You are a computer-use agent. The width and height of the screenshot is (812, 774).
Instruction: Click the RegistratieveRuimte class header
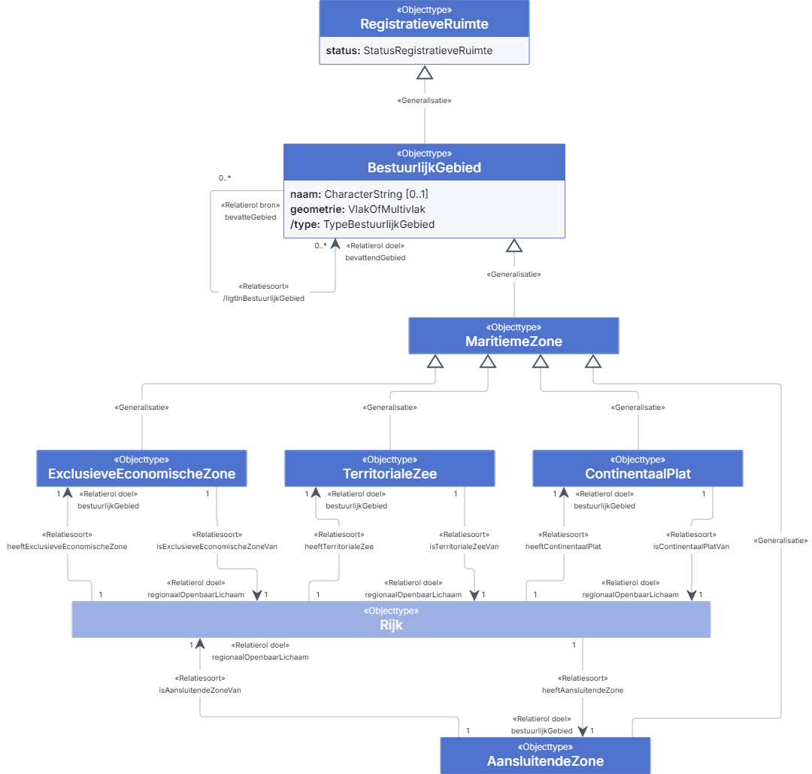tap(424, 18)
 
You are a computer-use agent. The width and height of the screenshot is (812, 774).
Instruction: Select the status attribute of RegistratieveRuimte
tap(409, 50)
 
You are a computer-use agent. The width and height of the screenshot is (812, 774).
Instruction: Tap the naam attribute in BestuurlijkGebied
tap(359, 194)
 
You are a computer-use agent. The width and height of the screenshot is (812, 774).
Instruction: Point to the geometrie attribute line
tap(357, 209)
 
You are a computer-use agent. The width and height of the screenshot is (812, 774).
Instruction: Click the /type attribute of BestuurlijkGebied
tap(362, 224)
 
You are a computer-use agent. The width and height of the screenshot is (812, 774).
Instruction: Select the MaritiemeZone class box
tap(514, 335)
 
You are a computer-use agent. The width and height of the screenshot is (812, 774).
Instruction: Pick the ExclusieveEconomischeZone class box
tap(141, 469)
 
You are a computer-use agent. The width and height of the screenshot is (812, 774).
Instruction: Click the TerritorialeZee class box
tap(389, 469)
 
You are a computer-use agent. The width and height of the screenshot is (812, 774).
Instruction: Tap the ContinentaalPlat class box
tap(638, 469)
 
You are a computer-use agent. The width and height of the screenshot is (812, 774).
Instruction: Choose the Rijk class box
tap(391, 620)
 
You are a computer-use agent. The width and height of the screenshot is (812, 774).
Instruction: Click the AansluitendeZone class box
tap(545, 755)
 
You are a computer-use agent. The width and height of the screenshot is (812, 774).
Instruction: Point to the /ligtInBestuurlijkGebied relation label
tap(264, 299)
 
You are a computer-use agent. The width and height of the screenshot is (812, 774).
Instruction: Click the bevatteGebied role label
tap(250, 217)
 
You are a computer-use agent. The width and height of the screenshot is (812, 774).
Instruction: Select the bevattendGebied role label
tap(375, 257)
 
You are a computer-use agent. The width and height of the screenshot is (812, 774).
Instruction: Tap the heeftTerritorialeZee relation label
tap(339, 547)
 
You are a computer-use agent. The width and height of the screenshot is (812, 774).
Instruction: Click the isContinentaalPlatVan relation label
tap(692, 547)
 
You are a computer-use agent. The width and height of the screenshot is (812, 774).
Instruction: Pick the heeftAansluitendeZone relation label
tap(583, 690)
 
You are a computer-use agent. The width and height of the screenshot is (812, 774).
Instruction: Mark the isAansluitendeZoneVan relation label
tap(200, 690)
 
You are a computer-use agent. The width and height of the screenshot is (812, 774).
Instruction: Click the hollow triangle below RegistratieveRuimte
tap(425, 72)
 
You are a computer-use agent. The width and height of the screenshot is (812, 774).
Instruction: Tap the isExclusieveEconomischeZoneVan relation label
tap(217, 547)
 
